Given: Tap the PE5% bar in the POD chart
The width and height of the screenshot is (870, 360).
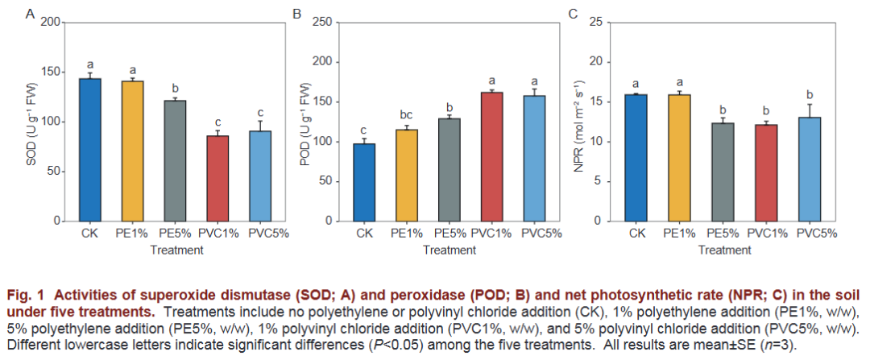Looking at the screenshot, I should pos(449,169).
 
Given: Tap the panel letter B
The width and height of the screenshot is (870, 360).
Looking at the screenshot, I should pos(296,14).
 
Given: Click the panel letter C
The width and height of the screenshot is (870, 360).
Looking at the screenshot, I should pos(574,14).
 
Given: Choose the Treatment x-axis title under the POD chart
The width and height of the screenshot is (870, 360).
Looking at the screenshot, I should pos(449,250).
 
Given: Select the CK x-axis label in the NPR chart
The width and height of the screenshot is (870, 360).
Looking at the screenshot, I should pos(637,234).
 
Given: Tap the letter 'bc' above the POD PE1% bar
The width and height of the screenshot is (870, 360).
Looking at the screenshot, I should pos(406,115).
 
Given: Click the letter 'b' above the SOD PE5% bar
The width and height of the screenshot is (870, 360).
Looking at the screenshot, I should pos(175,88).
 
